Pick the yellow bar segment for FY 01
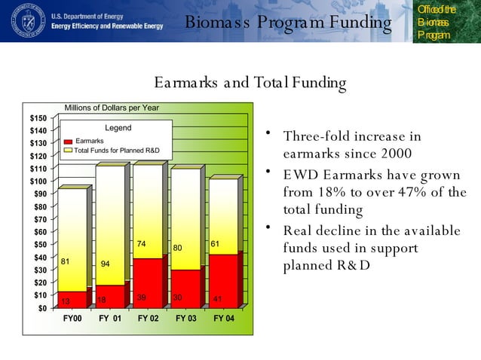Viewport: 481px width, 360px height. click(x=110, y=225)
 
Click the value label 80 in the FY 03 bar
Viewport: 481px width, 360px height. click(x=178, y=248)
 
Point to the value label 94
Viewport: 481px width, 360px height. click(x=106, y=264)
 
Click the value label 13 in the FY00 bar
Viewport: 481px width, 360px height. click(x=66, y=301)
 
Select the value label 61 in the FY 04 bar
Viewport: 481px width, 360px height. click(x=215, y=244)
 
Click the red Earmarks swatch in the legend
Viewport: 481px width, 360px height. click(x=68, y=142)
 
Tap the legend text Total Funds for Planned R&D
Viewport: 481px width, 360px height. click(x=117, y=151)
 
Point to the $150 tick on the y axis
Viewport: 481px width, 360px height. click(x=38, y=118)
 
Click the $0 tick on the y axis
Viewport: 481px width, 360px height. click(x=41, y=308)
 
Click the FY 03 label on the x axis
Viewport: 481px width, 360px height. click(x=186, y=319)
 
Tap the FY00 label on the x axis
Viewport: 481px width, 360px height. click(x=72, y=319)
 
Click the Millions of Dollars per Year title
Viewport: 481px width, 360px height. click(x=112, y=108)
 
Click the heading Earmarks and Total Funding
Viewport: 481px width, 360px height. click(x=250, y=82)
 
